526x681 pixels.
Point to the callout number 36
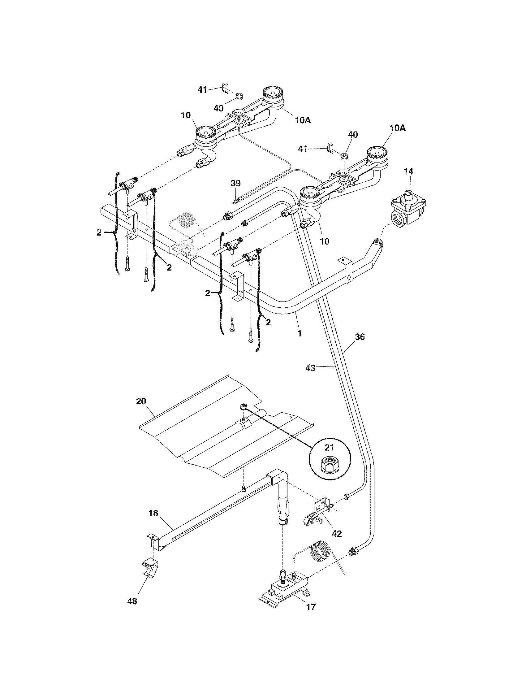360,337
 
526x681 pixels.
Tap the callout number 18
153,513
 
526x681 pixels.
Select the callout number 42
337,534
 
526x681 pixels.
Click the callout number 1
300,333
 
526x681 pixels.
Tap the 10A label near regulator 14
397,128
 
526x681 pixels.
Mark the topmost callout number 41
202,90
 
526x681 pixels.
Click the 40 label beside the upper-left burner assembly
218,108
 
